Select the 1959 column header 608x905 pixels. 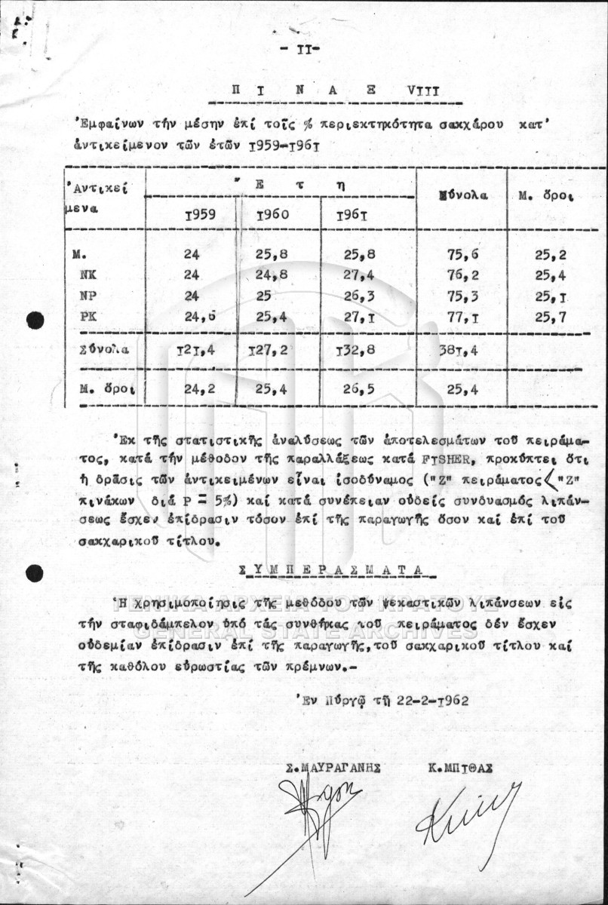199,213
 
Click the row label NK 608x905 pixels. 88,275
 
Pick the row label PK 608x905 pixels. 88,318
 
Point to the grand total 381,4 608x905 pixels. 459,349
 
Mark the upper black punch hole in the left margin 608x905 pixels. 35,321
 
